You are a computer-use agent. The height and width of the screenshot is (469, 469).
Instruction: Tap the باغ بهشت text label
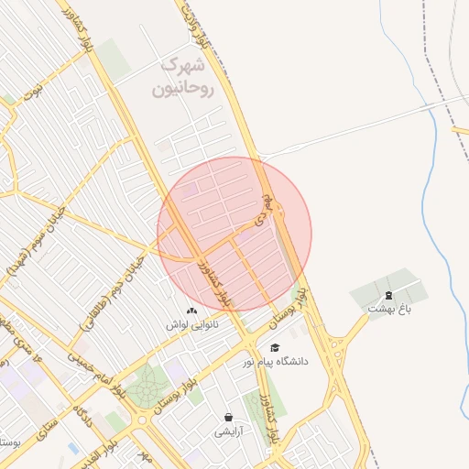click(x=386, y=310)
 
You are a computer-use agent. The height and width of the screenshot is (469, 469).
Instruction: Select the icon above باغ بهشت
click(x=388, y=295)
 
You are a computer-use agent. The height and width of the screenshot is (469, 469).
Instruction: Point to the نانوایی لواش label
click(x=190, y=325)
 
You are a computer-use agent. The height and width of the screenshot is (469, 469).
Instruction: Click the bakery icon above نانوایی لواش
click(x=191, y=311)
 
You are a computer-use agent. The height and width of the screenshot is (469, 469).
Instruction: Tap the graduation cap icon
click(x=275, y=347)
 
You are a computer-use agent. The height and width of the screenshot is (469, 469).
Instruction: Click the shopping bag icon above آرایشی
click(x=227, y=417)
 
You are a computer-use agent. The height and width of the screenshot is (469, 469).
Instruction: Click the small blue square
click(x=73, y=448)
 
